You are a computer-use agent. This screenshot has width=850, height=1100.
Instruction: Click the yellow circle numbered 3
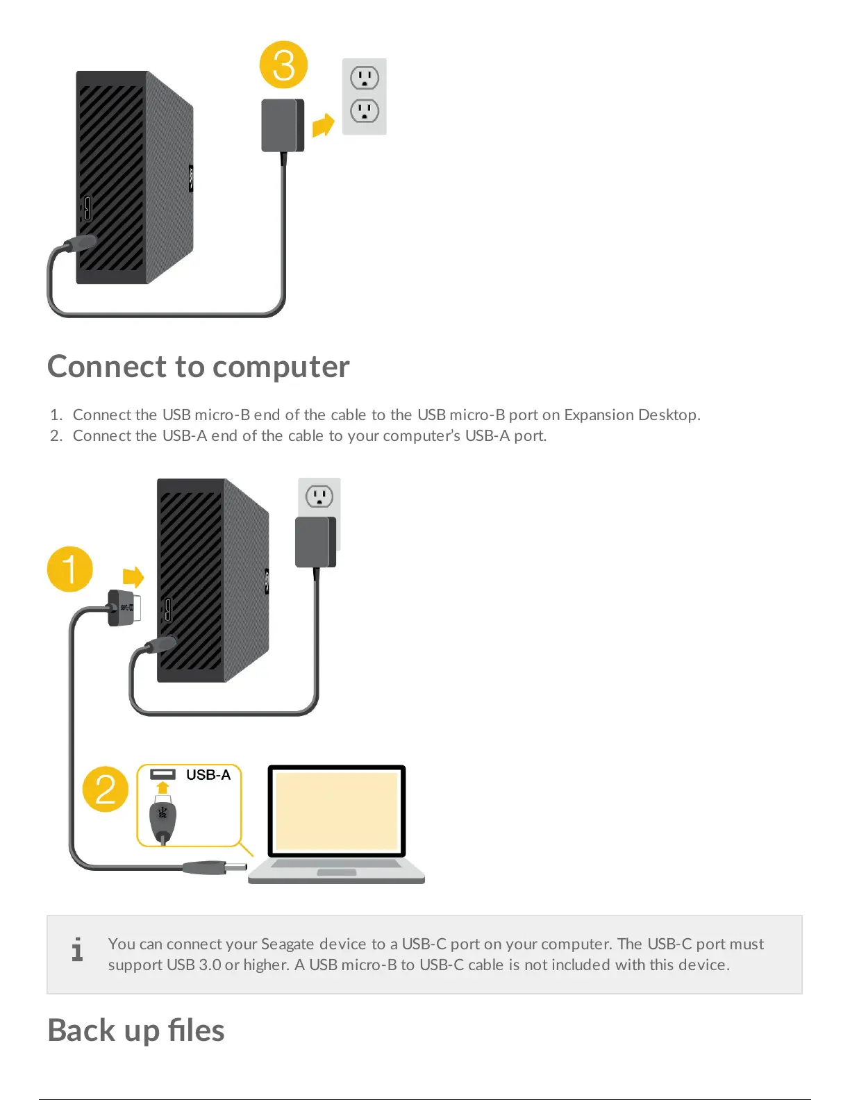[283, 65]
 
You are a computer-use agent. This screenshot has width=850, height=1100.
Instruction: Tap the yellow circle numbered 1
[70, 569]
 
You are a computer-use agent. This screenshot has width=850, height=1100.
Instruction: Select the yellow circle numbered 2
[106, 789]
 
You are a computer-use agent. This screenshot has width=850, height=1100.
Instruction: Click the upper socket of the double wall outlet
[365, 78]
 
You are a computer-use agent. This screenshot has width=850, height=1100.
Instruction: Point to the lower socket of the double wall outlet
[365, 111]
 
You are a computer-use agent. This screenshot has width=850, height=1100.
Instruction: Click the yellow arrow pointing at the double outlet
[323, 126]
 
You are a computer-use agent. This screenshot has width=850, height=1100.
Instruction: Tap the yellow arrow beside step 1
[133, 577]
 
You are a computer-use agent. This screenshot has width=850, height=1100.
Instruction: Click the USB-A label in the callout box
[208, 775]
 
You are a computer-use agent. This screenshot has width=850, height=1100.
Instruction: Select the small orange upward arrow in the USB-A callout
[162, 787]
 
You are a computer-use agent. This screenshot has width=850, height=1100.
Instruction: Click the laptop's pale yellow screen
[337, 810]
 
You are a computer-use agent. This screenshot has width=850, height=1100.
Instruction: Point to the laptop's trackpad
[337, 872]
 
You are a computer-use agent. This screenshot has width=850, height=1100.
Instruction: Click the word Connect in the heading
[107, 366]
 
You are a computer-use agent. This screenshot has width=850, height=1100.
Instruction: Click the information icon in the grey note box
[77, 949]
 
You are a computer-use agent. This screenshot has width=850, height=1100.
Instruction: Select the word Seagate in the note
[287, 944]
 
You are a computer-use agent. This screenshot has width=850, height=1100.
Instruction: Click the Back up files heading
[136, 1030]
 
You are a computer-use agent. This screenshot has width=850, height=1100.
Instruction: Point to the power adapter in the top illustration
[282, 126]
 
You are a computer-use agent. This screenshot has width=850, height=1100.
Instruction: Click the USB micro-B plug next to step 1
[126, 608]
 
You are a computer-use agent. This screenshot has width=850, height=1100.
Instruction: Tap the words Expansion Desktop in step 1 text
[631, 415]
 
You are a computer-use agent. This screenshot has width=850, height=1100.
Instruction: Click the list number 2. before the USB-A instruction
[56, 435]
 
